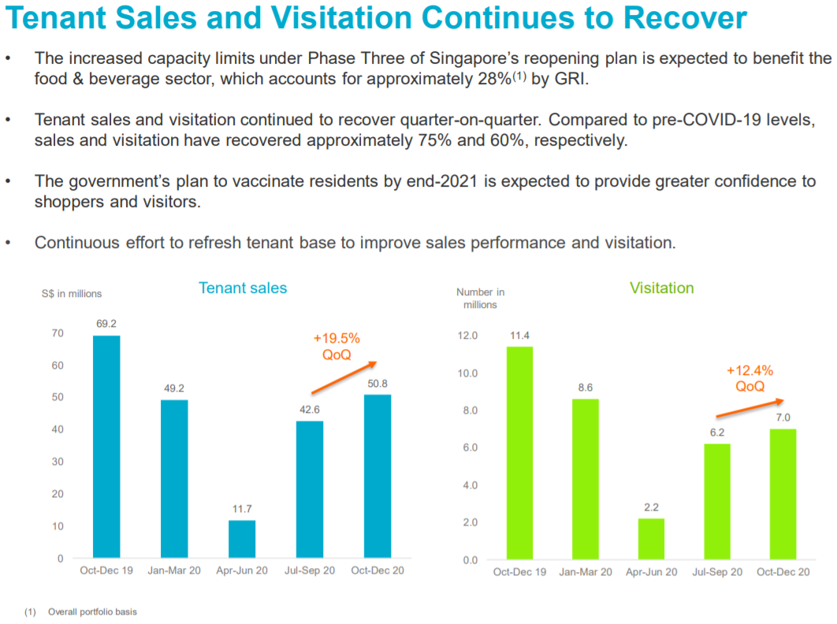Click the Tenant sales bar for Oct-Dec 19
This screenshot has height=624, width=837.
click(106, 447)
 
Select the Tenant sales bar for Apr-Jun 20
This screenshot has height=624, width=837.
click(242, 539)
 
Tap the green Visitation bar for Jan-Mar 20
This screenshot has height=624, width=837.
click(586, 479)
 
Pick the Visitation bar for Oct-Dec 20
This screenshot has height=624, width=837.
click(783, 494)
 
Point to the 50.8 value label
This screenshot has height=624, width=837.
click(377, 384)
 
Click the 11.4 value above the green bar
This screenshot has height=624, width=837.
click(519, 335)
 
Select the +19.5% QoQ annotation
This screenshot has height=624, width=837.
click(337, 346)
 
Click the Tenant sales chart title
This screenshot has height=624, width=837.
click(243, 288)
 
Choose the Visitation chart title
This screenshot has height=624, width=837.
click(661, 288)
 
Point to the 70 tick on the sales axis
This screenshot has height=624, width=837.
click(58, 334)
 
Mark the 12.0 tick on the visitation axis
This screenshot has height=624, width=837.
click(468, 336)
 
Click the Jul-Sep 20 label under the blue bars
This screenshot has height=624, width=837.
click(310, 570)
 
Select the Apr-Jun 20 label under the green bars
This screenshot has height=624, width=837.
click(652, 572)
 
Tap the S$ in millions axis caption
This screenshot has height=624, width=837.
click(72, 294)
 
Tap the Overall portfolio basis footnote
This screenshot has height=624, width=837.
click(92, 611)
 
